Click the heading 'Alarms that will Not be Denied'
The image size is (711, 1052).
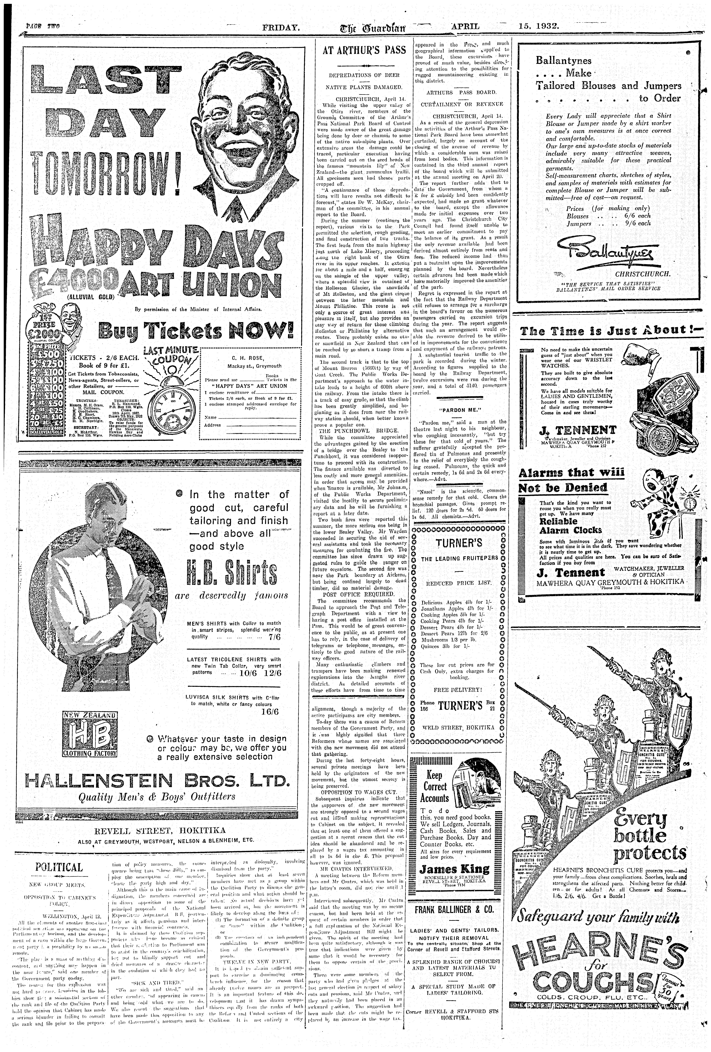coord(571,480)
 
